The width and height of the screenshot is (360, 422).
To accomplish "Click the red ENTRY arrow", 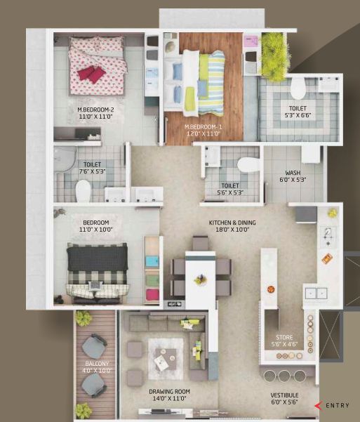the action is pyautogui.click(x=319, y=406).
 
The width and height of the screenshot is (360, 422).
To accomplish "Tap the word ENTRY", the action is pyautogui.click(x=338, y=405).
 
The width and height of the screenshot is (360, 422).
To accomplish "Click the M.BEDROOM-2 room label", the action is pyautogui.click(x=95, y=110).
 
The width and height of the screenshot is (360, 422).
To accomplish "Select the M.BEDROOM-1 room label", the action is pyautogui.click(x=204, y=127).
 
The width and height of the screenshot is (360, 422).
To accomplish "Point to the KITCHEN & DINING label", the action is pyautogui.click(x=232, y=223).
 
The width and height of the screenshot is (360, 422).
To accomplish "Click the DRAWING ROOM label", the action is pyautogui.click(x=170, y=392).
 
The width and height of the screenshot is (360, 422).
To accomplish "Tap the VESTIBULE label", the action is pyautogui.click(x=284, y=395).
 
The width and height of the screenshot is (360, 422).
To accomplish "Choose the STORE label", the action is pyautogui.click(x=284, y=338).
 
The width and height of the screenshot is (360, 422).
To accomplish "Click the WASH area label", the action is pyautogui.click(x=293, y=173).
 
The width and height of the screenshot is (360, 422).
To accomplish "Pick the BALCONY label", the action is pyautogui.click(x=97, y=364).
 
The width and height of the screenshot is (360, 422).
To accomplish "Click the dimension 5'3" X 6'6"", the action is pyautogui.click(x=298, y=115).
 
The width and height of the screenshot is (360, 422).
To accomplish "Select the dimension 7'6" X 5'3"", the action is pyautogui.click(x=92, y=171).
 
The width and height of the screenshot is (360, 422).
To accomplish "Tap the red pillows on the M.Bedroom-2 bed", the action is pyautogui.click(x=91, y=74).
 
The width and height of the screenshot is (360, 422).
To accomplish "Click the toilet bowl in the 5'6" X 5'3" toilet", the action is pyautogui.click(x=248, y=164).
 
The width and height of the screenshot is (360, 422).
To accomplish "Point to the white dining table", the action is pyautogui.click(x=200, y=279).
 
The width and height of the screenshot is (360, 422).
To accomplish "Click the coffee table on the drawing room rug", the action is pyautogui.click(x=166, y=359).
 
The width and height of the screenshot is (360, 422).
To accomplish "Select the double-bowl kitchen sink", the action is pyautogui.click(x=316, y=293).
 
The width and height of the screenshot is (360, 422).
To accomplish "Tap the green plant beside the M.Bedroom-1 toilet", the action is pyautogui.click(x=273, y=58).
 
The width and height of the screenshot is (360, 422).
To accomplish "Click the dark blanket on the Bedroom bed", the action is pyautogui.click(x=98, y=258).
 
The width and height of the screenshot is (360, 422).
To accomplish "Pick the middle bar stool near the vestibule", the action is pyautogui.click(x=284, y=376).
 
